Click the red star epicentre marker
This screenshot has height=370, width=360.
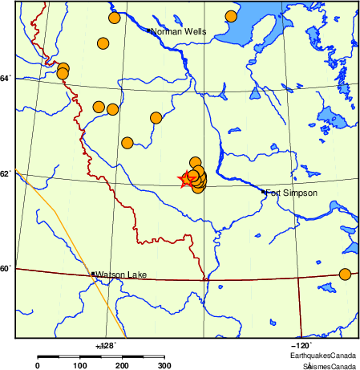tap(186, 180)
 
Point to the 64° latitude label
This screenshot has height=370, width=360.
tap(6, 78)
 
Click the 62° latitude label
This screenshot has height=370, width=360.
tap(6, 173)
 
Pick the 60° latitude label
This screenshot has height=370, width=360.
tap(6, 268)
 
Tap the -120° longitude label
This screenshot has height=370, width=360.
tap(309, 344)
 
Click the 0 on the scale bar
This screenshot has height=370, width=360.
tap(37, 366)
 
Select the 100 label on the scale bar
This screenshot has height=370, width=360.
tap(79, 366)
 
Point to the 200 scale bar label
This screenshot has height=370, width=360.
tap(122, 366)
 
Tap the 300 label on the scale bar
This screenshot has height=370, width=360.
tap(164, 366)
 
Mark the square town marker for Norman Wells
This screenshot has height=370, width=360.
tap(149, 31)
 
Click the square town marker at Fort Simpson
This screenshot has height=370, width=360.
tap(264, 192)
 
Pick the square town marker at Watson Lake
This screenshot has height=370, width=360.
tap(94, 274)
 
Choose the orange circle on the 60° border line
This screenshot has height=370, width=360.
tap(345, 274)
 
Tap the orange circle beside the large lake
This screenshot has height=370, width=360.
tap(231, 16)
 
